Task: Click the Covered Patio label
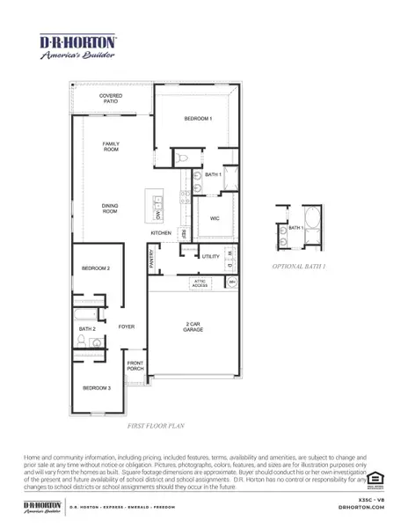(110, 99)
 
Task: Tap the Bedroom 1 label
(198, 118)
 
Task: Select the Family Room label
(110, 147)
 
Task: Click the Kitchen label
(160, 233)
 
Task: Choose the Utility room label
(210, 256)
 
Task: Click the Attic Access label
(200, 282)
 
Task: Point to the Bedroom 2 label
(96, 268)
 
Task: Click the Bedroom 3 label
(97, 388)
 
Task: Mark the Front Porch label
(135, 365)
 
